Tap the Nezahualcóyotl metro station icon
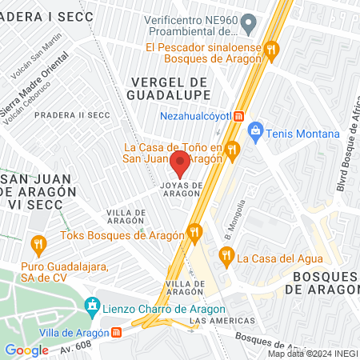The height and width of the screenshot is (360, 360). (238, 115)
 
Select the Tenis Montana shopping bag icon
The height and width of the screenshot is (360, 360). (256, 130)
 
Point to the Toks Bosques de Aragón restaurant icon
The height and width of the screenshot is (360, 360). (194, 234)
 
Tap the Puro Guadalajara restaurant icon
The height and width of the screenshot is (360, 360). (38, 243)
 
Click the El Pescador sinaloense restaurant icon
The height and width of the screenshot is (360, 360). (271, 49)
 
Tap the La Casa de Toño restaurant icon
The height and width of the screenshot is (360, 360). (232, 148)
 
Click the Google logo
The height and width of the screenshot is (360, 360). (26, 350)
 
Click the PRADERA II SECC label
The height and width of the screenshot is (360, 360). (72, 114)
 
